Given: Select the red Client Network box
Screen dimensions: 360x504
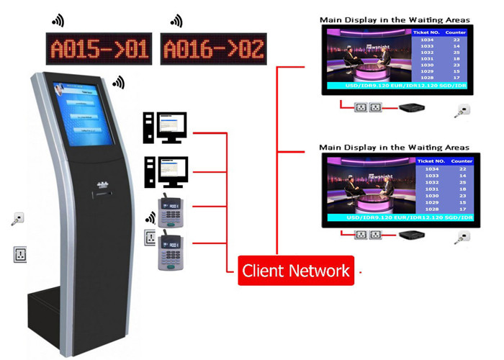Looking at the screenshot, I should click(x=296, y=271).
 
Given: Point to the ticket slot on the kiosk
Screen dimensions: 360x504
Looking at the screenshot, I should click(x=104, y=192).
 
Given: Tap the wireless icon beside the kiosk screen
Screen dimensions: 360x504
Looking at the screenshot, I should click(x=118, y=84).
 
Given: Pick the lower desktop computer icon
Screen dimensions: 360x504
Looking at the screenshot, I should click(x=165, y=171).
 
